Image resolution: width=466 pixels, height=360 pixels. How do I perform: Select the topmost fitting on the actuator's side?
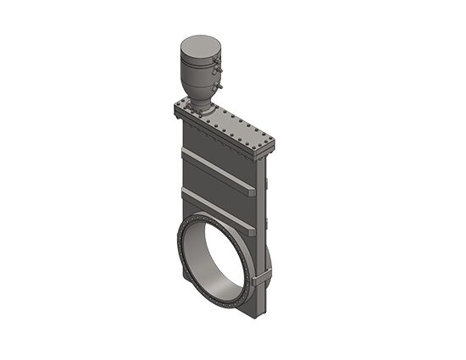click(219, 61)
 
